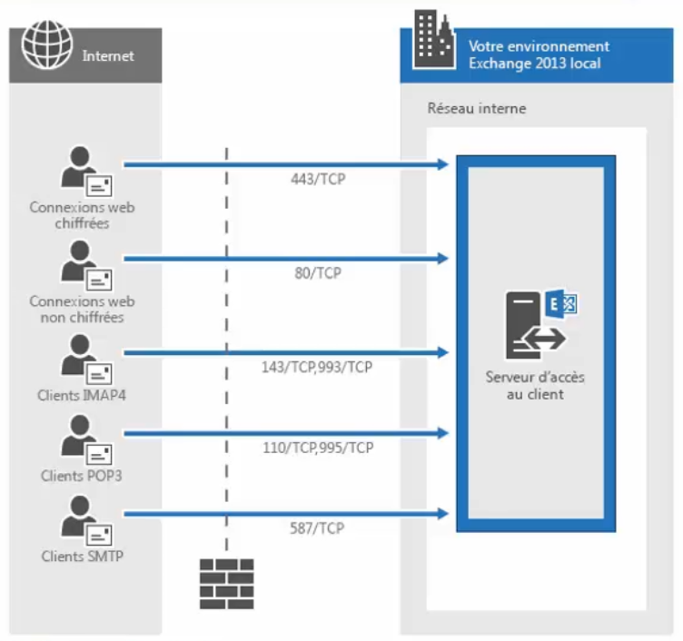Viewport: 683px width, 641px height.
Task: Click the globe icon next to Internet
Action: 44,46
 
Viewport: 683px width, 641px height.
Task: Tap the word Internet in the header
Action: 108,55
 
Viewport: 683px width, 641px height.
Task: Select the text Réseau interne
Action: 477,109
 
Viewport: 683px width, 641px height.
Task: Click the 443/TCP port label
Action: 312,180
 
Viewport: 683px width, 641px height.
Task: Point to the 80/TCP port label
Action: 312,272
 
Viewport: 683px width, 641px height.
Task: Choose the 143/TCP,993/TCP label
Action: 316,367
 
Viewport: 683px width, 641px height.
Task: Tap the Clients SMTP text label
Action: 82,557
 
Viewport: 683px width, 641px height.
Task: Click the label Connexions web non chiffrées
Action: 82,310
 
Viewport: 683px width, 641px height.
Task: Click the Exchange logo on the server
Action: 559,304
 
